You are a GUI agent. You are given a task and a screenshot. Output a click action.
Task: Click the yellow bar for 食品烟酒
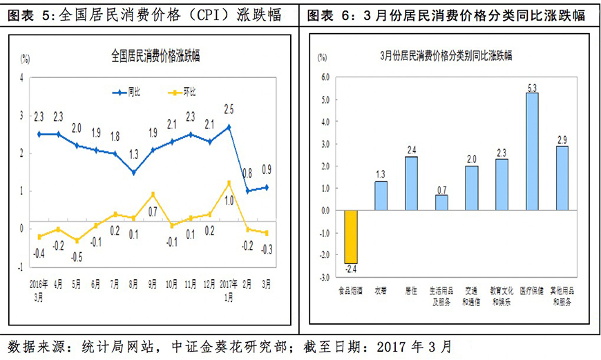(x=351, y=237)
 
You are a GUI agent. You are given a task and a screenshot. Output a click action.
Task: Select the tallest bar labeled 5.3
(x=532, y=151)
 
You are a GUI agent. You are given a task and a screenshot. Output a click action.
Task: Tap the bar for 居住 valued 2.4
(x=411, y=183)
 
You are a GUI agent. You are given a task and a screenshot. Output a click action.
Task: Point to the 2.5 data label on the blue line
(x=229, y=109)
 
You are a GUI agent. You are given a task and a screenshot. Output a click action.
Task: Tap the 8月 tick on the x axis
(x=133, y=284)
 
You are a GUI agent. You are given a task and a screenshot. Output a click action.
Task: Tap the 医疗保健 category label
(x=532, y=292)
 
